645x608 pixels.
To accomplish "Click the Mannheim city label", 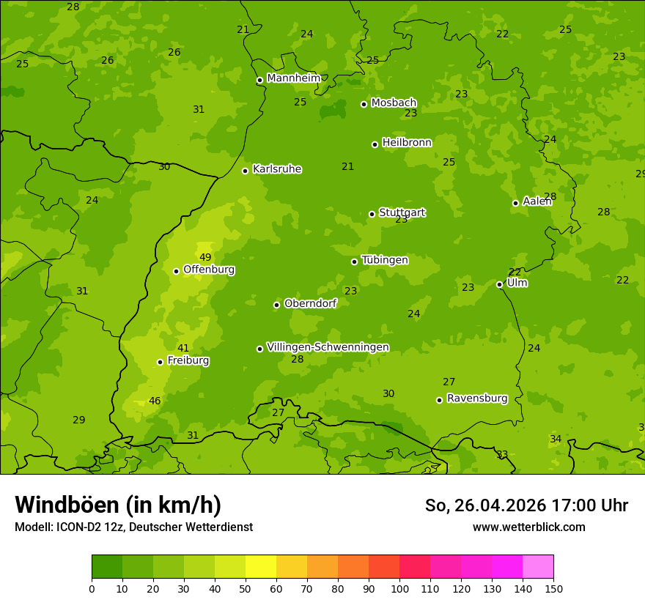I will (x=293, y=78).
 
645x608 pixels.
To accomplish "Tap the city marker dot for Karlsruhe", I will (x=245, y=171).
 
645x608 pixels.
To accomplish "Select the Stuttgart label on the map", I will (x=402, y=212).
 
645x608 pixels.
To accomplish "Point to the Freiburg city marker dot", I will (x=160, y=362).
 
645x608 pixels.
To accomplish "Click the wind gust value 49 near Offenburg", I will (x=205, y=257).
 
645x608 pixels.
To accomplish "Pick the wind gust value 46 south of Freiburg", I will (x=155, y=401).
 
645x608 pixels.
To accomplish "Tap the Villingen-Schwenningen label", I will (x=328, y=347).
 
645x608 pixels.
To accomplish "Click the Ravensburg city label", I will (x=477, y=398).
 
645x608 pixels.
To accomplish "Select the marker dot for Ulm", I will (x=499, y=284).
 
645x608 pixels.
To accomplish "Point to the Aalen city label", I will (x=537, y=201).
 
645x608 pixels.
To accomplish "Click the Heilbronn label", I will (x=407, y=143).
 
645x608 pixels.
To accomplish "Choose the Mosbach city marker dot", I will (x=364, y=104).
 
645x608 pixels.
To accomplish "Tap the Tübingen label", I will (x=385, y=260).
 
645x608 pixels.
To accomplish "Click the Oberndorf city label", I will (x=310, y=303).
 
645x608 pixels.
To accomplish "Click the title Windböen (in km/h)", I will (x=117, y=505).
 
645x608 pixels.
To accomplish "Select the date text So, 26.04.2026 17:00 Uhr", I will (x=526, y=505).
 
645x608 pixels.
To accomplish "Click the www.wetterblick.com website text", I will (x=528, y=527).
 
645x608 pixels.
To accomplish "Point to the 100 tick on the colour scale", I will (x=399, y=588).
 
